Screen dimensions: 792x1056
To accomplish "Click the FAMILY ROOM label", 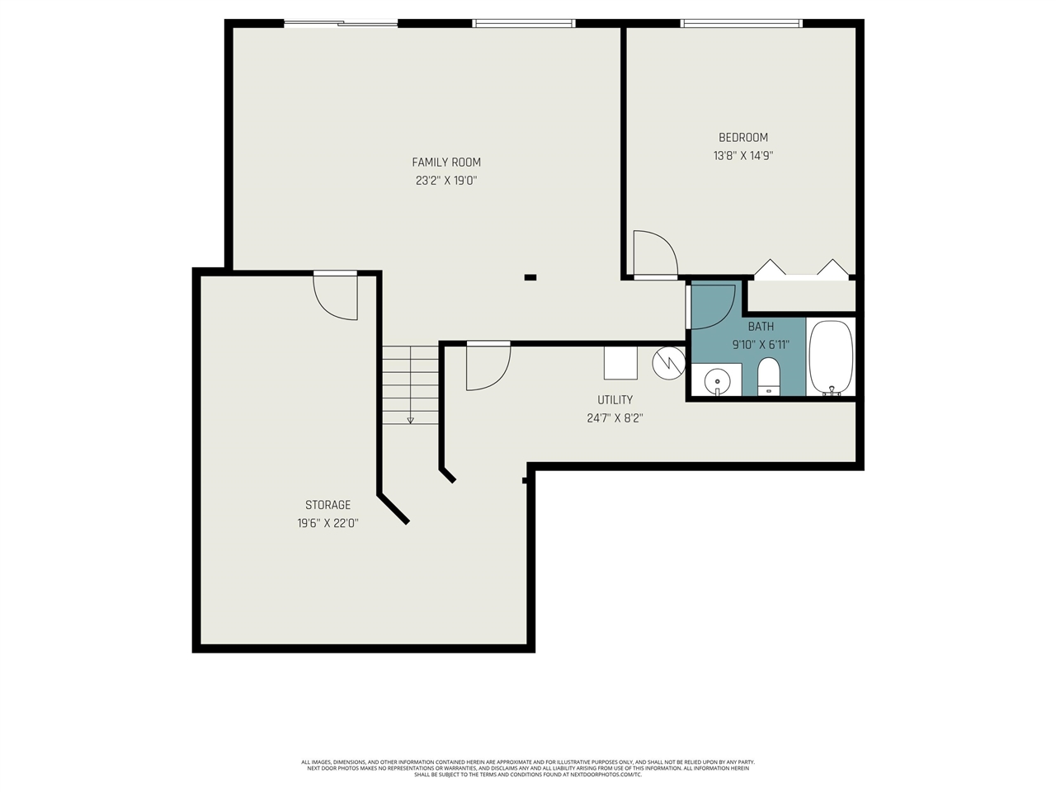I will pyautogui.click(x=446, y=163).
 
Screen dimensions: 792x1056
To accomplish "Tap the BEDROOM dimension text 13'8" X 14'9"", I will pyautogui.click(x=742, y=155).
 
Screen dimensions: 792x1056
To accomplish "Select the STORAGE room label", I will pyautogui.click(x=328, y=505).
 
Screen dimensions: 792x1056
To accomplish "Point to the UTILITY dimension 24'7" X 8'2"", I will pyautogui.click(x=615, y=418).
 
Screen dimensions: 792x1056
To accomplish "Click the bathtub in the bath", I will pyautogui.click(x=831, y=358).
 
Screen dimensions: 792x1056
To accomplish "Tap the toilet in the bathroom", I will pyautogui.click(x=768, y=377).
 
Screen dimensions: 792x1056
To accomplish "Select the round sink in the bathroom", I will pyautogui.click(x=717, y=382).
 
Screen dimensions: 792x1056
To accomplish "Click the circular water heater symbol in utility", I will pyautogui.click(x=668, y=362).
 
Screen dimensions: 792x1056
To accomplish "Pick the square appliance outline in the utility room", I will pyautogui.click(x=620, y=362).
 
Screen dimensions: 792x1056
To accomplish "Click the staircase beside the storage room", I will pyautogui.click(x=410, y=384).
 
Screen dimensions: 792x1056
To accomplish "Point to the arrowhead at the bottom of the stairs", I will pyautogui.click(x=410, y=420).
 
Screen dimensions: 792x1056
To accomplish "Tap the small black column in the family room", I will pyautogui.click(x=530, y=277).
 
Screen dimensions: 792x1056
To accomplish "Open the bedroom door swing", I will pyautogui.click(x=653, y=253).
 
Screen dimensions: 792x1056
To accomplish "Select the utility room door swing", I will pyautogui.click(x=487, y=367).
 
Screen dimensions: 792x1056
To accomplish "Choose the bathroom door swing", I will pyautogui.click(x=712, y=306).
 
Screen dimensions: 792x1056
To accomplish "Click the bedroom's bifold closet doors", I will pyautogui.click(x=802, y=270).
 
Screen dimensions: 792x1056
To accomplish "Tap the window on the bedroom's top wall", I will pyautogui.click(x=741, y=23).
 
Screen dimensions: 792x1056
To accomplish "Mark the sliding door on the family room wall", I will pyautogui.click(x=341, y=23).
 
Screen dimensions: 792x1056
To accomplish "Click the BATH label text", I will pyautogui.click(x=761, y=327).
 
